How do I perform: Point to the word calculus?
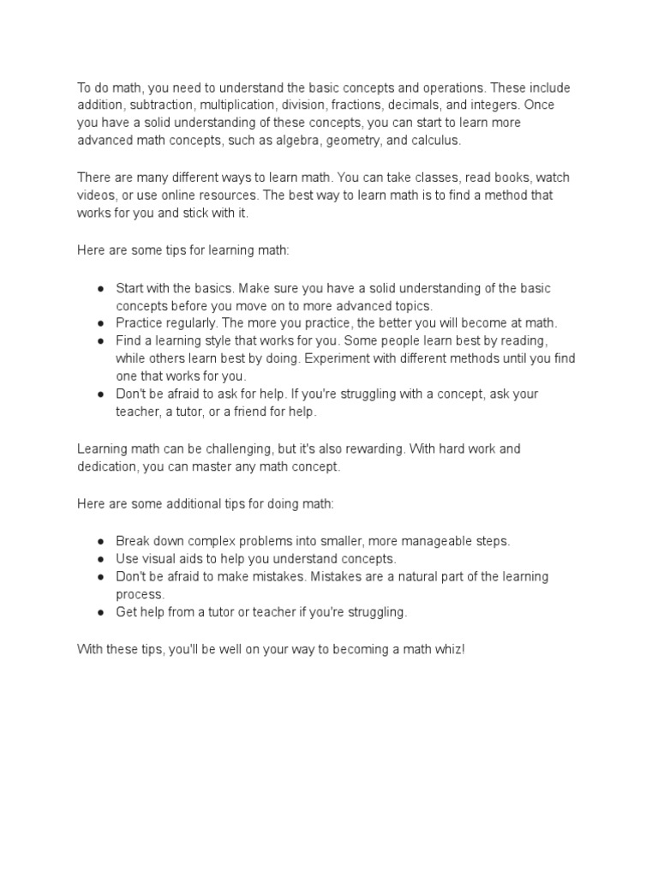pos(436,140)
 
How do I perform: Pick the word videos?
pos(97,195)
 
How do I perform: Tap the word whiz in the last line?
pos(446,649)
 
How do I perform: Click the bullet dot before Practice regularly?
pos(100,323)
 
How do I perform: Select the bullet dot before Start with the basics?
pos(100,288)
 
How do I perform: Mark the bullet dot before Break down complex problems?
pos(100,541)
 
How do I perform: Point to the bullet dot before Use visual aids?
pos(100,558)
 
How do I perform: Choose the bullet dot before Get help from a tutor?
pos(100,612)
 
